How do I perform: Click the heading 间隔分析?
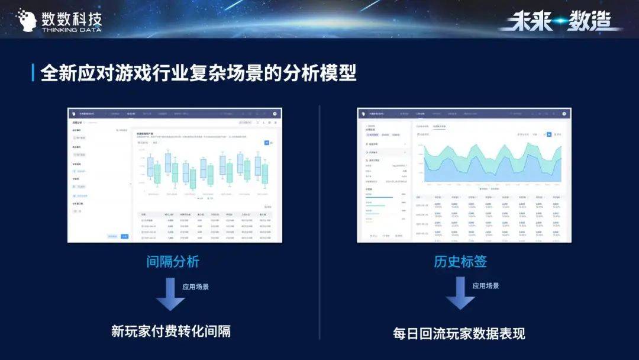pyautogui.click(x=173, y=261)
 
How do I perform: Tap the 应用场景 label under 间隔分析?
pyautogui.click(x=195, y=287)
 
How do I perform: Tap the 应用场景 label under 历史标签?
pyautogui.click(x=485, y=285)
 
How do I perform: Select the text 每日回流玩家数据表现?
pyautogui.click(x=459, y=333)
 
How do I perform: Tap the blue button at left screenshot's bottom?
pyautogui.click(x=124, y=236)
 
